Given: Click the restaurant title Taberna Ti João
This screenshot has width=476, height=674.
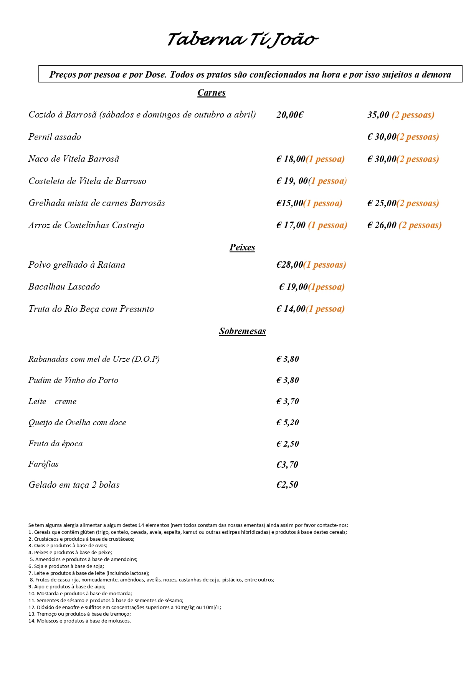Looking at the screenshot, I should tap(243, 40).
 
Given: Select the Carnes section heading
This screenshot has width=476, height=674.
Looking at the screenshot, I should tap(212, 93).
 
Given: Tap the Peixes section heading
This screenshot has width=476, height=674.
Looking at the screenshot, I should tap(242, 247).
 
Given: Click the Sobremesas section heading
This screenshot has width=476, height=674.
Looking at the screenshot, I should tap(242, 331).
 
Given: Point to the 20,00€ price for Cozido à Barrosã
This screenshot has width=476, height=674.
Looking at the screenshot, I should tap(290, 115).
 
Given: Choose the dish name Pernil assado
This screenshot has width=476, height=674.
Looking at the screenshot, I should tap(55, 137).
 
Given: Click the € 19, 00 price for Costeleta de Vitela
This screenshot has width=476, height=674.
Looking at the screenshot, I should tap(292, 181).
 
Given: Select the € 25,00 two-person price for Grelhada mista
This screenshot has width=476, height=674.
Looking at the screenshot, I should tap(382, 203).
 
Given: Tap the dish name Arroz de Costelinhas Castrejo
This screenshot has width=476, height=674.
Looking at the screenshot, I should tap(86, 225).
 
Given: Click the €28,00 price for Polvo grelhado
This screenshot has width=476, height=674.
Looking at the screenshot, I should tap(290, 265).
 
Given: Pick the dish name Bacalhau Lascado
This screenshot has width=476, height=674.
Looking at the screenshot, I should tap(64, 287).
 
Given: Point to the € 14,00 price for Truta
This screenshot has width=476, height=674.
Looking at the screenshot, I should tap(291, 309).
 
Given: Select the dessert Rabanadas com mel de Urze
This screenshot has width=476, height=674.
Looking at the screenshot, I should tap(94, 359).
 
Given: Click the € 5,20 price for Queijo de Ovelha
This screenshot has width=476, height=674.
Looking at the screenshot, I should tap(288, 422).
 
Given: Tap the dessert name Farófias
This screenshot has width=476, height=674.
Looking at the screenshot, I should tap(43, 464).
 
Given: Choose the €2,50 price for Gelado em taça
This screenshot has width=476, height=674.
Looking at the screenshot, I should tap(287, 485).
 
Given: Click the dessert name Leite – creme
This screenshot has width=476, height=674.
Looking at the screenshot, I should tap(53, 401).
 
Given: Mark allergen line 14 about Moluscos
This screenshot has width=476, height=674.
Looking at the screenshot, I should tap(80, 621).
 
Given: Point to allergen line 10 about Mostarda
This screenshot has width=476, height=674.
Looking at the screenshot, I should tap(80, 594).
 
